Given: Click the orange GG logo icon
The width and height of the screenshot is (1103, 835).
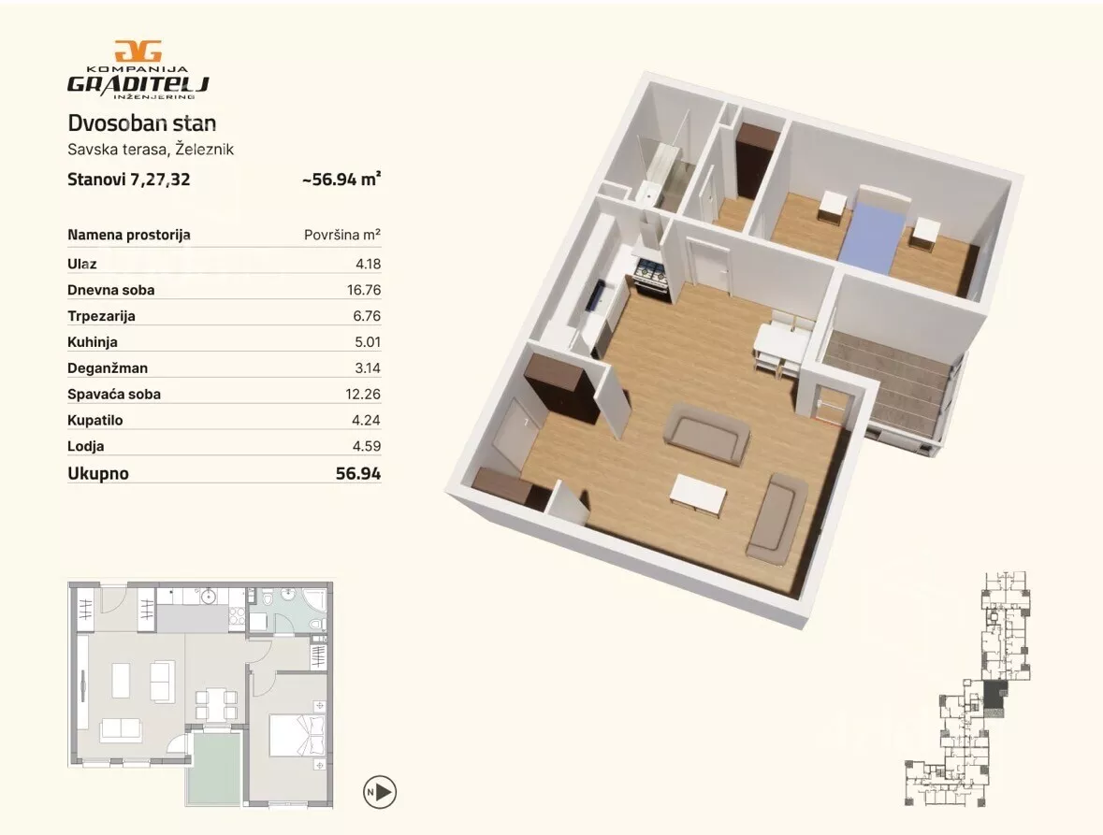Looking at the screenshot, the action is coord(138,51).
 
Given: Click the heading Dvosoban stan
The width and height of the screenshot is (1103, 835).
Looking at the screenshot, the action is coord(141,123).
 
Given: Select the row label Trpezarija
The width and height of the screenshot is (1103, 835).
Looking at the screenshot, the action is coord(101,316).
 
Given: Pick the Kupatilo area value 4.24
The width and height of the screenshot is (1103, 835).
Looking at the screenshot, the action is coord(367,421).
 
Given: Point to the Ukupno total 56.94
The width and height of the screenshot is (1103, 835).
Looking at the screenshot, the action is coord(358,474).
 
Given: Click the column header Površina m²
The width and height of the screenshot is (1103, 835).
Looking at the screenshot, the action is coord(341,235).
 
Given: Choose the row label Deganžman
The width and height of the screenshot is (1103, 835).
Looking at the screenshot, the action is coord(108,368).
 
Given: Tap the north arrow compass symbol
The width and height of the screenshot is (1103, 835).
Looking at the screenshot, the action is coord(380,792).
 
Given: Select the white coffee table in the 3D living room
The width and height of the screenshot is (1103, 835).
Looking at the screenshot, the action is coord(698,496).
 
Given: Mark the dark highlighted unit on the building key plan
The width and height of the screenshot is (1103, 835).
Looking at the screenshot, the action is coord(994,695).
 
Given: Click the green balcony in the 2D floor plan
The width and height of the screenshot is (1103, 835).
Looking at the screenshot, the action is coord(217,768).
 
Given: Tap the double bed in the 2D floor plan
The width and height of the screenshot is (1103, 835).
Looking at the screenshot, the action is coord(298,735).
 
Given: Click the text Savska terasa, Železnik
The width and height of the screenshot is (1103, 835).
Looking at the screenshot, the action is coord(151,150).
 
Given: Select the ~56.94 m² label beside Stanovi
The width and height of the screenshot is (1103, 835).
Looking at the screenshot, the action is coord(341,180).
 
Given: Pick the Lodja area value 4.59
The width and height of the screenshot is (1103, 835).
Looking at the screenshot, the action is coord(367,446).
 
